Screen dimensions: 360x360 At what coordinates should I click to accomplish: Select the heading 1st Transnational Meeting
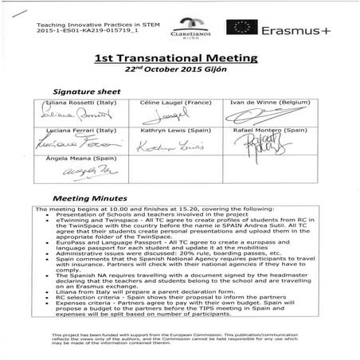[179, 60]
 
